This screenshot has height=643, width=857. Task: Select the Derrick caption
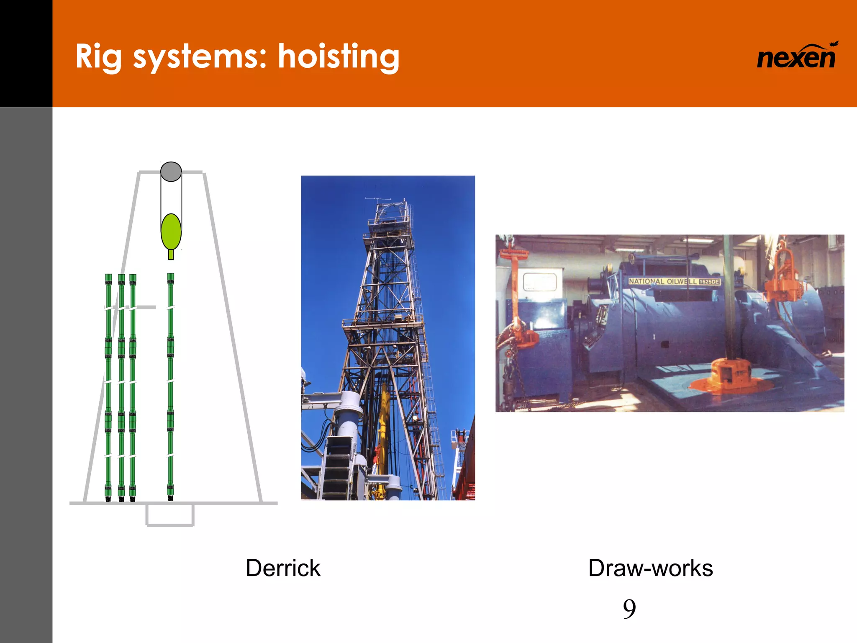point(283,568)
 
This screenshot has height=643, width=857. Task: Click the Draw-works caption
point(650,568)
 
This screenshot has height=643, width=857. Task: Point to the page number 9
point(629,609)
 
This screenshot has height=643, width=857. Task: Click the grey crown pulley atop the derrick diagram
point(171,172)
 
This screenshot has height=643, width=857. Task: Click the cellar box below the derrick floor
point(170,515)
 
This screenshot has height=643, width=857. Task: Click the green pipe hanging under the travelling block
point(170,385)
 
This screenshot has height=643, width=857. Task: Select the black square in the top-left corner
point(26,53)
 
